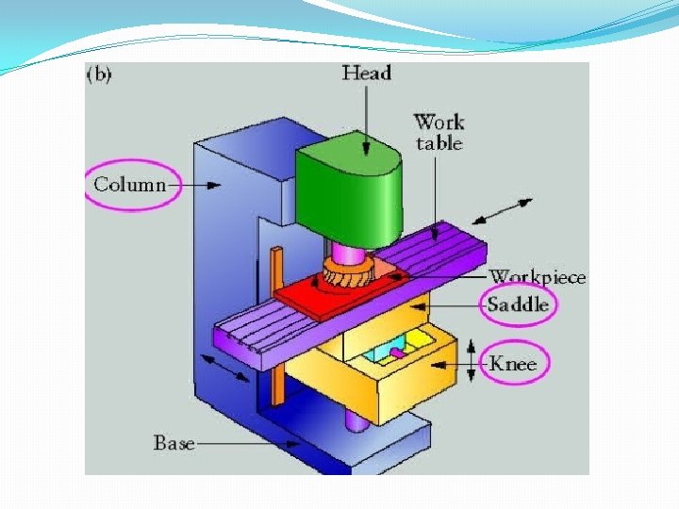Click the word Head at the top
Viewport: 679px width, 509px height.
368,74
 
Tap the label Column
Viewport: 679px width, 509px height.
129,184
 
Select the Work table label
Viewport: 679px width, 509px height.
439,132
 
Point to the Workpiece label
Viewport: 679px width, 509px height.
538,277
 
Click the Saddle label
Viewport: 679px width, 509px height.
518,304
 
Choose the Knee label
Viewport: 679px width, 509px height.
513,363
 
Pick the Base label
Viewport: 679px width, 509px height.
174,441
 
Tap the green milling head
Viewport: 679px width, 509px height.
349,193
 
